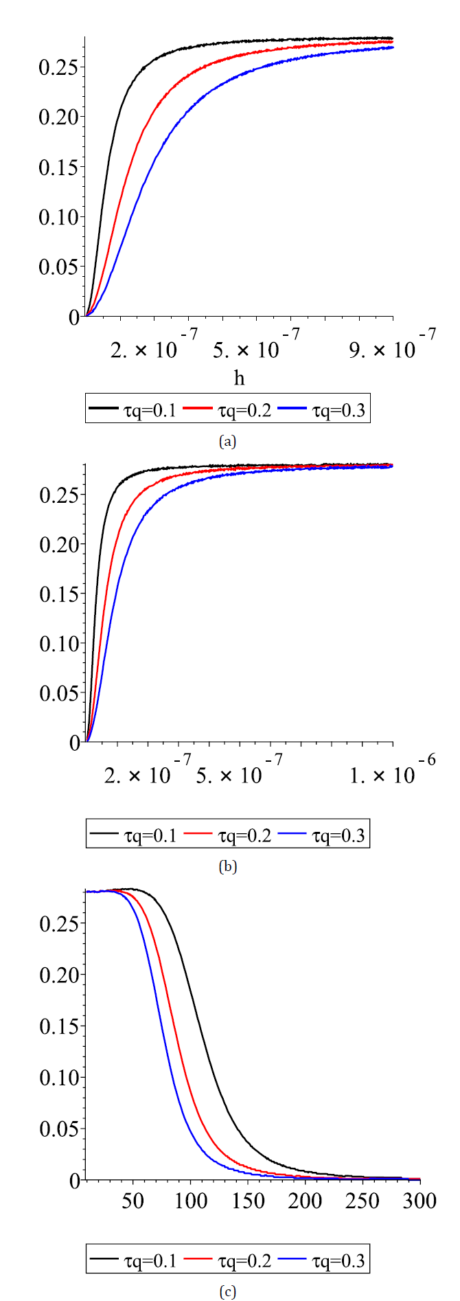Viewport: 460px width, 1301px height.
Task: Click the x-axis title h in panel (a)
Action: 239,378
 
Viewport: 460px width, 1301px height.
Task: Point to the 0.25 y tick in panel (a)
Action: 59,67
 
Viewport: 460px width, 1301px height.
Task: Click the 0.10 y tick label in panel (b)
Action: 59,644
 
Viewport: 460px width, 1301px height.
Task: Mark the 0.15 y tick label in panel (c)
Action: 59,1026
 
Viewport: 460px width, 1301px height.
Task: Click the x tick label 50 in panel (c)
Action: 133,1201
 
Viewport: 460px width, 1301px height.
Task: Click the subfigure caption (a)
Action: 227,441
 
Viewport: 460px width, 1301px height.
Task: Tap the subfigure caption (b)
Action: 227,867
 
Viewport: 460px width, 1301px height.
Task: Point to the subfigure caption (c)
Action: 227,1292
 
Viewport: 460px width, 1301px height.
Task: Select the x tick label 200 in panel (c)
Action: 305,1201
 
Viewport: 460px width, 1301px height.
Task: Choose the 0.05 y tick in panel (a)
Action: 59,267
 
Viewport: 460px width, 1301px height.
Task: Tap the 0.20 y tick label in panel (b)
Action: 59,545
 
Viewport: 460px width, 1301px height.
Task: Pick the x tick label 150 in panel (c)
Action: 248,1201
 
